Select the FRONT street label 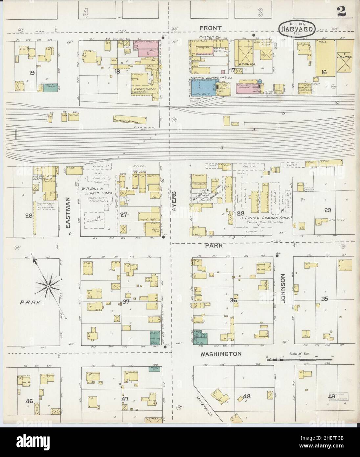click(213, 28)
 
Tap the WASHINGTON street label click(222, 354)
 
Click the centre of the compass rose click(48, 287)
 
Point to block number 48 click(246, 396)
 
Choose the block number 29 click(327, 210)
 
